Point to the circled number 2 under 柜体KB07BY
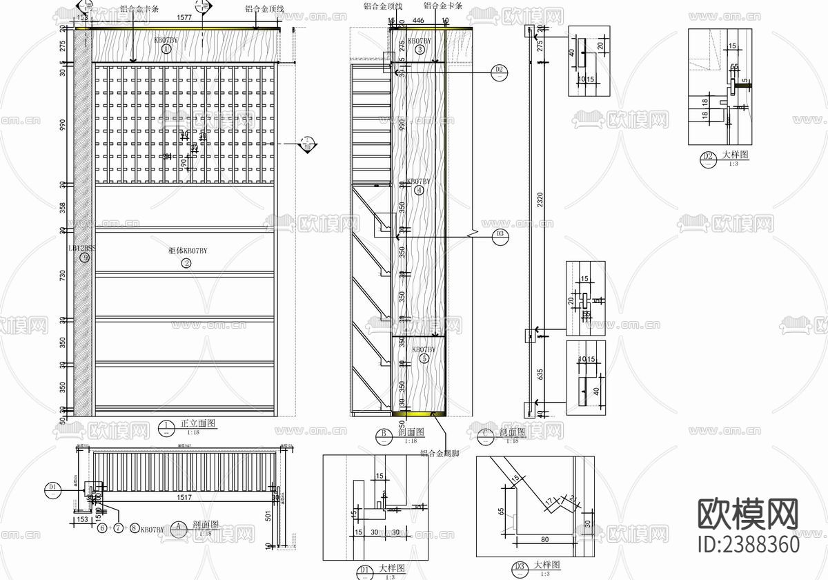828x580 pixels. (x=186, y=263)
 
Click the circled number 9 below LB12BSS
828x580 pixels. (x=84, y=258)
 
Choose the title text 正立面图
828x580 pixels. (x=198, y=423)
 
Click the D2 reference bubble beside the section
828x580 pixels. (x=500, y=70)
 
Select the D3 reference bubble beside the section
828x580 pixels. (x=500, y=235)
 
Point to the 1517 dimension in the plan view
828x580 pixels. (x=184, y=496)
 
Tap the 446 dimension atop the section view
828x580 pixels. (x=418, y=21)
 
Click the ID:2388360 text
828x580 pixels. (x=749, y=544)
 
